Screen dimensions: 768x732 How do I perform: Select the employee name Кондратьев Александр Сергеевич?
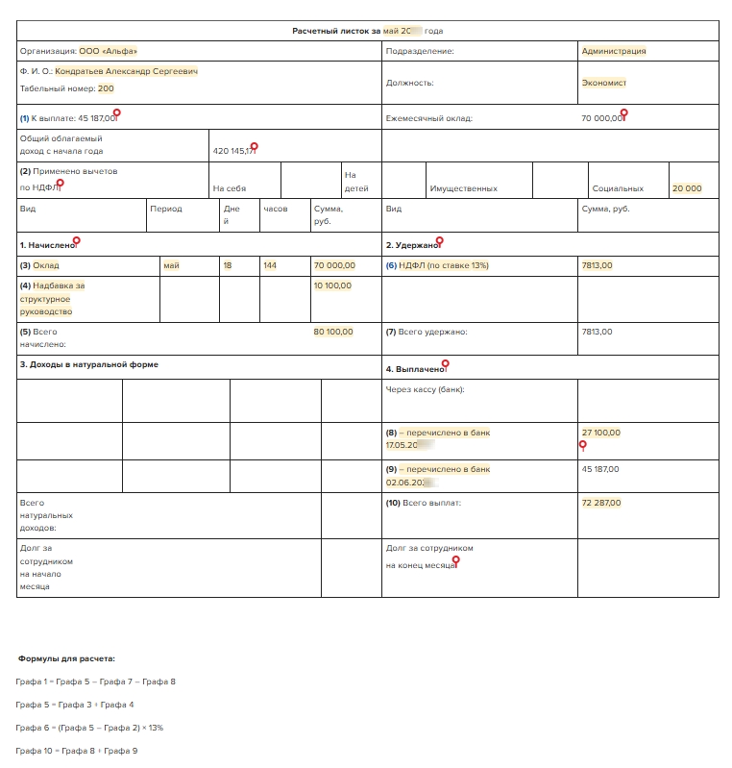click(x=126, y=71)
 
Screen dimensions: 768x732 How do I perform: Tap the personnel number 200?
click(x=106, y=88)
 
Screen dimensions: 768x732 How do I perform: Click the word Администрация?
click(x=614, y=51)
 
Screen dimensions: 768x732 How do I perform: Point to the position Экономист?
click(x=604, y=83)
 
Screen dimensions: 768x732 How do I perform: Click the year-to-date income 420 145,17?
click(x=234, y=151)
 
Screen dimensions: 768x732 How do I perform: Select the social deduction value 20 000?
click(x=687, y=189)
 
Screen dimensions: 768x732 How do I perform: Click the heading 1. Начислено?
click(x=47, y=245)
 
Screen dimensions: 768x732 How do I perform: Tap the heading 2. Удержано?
click(x=412, y=245)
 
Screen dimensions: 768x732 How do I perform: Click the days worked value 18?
click(x=228, y=265)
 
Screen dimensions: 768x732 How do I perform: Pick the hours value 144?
click(x=270, y=265)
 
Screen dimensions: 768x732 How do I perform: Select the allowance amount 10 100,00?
click(x=332, y=285)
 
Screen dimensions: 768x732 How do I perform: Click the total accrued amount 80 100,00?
click(x=333, y=332)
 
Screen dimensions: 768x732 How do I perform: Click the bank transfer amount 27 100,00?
click(x=601, y=433)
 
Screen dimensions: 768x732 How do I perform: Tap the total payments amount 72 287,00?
click(x=601, y=503)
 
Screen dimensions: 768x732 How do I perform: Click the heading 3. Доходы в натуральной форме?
click(x=89, y=364)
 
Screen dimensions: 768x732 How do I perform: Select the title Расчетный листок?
click(x=336, y=32)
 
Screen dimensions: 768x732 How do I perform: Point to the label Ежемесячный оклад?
click(x=429, y=119)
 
